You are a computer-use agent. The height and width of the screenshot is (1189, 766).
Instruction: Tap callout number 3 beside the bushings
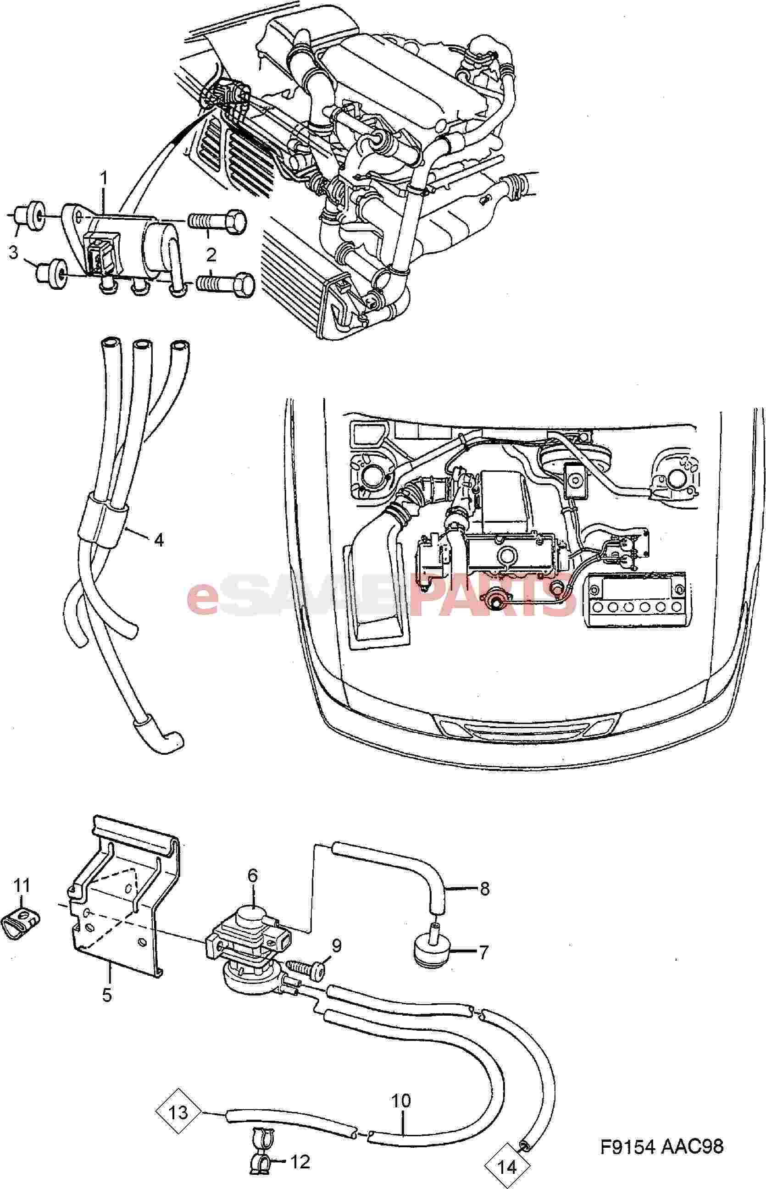(13, 253)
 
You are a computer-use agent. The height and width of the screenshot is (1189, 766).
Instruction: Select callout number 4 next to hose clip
(158, 540)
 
